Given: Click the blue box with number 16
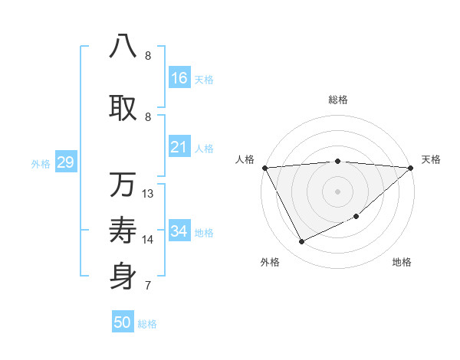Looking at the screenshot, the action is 179,78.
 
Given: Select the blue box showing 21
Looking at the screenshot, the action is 179,147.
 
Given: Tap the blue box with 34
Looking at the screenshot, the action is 179,231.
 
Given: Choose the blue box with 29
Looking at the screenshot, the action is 65,162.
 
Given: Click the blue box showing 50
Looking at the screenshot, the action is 123,322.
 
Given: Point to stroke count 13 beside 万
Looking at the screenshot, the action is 148,194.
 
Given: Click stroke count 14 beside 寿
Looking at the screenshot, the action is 148,240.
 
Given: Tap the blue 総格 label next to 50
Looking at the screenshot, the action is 147,324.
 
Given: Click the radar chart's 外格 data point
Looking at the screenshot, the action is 301,242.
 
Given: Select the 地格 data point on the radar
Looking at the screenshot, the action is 356,216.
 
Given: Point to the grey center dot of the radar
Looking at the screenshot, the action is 337,191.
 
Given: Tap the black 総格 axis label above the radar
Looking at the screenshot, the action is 337,100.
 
